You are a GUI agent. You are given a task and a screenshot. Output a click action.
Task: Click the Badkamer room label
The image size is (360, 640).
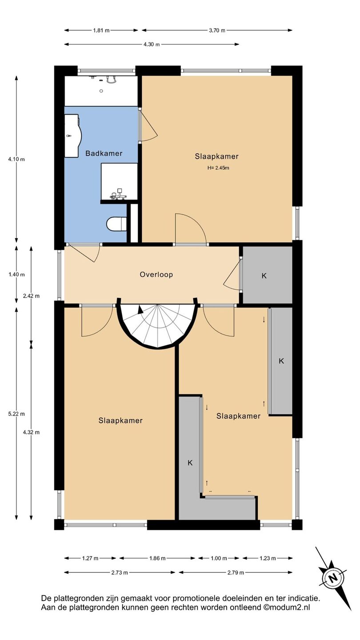[104, 153]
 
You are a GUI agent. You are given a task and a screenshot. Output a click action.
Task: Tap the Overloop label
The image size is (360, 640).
[156, 275]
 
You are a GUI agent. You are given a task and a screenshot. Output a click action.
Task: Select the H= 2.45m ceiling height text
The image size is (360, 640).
[218, 168]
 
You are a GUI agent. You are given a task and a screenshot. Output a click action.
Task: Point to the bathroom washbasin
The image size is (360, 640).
[73, 136]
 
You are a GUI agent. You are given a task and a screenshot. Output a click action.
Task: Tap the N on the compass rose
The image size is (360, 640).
[332, 579]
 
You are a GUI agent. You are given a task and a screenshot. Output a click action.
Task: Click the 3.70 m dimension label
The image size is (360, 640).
[217, 30]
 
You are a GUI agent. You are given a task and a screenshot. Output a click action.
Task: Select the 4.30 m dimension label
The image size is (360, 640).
[152, 44]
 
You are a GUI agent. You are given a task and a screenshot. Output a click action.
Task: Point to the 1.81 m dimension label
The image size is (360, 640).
[101, 30]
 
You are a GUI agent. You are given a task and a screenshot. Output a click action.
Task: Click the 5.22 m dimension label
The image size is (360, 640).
[16, 414]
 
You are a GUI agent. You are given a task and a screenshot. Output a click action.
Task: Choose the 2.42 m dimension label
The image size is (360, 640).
[31, 296]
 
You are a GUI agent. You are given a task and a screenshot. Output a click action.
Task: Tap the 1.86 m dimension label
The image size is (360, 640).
[157, 558]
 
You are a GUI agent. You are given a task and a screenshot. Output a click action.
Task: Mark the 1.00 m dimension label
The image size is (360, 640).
[219, 558]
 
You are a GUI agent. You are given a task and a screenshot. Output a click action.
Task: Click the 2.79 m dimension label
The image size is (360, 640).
[236, 572]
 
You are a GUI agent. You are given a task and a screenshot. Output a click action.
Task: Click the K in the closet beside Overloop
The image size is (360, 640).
[264, 276]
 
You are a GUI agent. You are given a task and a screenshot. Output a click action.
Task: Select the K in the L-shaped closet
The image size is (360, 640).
[190, 463]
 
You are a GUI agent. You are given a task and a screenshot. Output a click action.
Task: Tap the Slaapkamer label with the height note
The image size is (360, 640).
[217, 156]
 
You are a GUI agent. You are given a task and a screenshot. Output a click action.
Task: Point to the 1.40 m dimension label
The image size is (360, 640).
[16, 275]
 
